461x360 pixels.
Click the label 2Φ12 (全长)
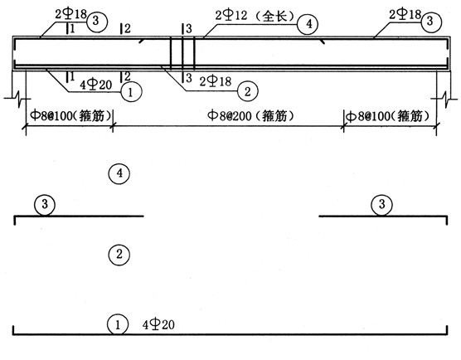(255, 15)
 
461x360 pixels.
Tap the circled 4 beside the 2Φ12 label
(308, 24)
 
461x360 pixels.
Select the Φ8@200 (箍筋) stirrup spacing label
(250, 115)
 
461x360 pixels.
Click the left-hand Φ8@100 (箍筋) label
(71, 115)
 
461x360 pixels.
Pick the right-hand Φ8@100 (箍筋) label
(388, 116)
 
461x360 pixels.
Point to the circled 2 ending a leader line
(248, 91)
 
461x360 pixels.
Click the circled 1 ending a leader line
(131, 92)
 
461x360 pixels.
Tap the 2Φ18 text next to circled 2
(216, 81)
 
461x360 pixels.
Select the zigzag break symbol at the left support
(17, 97)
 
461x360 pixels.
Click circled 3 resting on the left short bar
(45, 205)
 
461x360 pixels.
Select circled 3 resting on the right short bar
(382, 205)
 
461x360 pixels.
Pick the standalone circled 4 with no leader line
(119, 173)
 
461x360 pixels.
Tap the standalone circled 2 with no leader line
(119, 254)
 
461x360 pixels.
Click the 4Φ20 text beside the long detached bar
(158, 324)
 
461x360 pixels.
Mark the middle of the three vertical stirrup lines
(182, 53)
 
